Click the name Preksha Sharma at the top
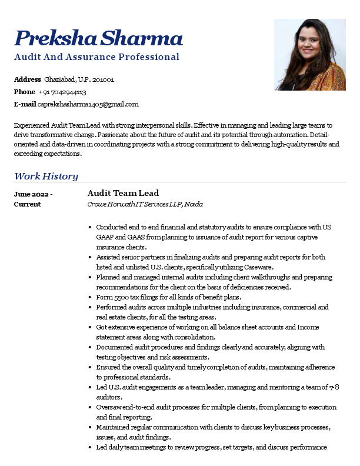98,38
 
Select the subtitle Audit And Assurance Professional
96,57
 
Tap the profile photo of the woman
309,55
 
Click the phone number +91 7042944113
63,92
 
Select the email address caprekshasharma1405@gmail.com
88,104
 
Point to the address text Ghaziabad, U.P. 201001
79,79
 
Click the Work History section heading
46,176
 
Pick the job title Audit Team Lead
123,193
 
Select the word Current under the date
27,204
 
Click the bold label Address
28,79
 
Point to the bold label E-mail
25,104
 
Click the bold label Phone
25,92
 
